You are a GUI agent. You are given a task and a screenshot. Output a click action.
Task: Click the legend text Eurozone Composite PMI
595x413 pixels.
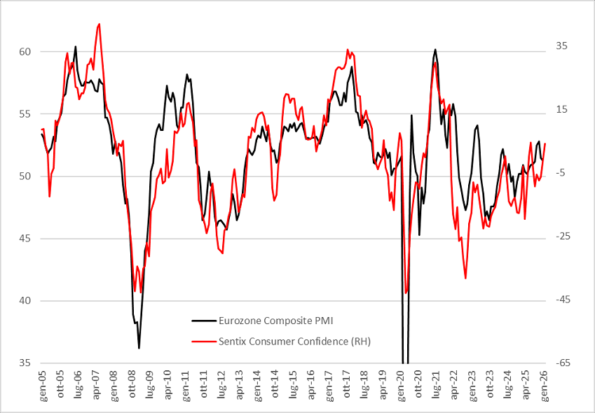275,321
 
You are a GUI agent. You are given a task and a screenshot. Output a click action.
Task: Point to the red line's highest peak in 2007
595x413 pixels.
99,24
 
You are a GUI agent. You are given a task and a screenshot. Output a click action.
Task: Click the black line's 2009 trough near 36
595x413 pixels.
139,348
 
